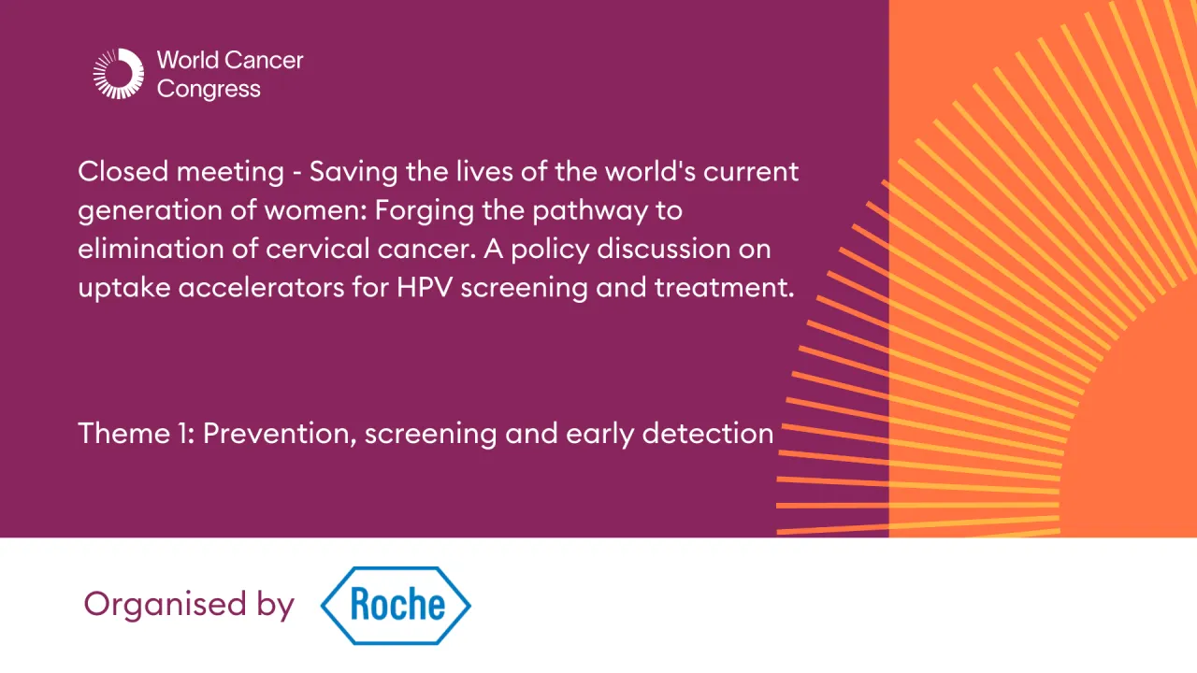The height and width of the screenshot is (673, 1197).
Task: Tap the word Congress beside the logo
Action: point(209,90)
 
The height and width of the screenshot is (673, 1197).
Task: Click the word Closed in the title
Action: point(123,172)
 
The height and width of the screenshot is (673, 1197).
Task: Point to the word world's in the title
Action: point(650,172)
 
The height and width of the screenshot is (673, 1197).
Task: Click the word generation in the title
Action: point(151,211)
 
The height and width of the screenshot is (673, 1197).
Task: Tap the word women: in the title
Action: point(316,211)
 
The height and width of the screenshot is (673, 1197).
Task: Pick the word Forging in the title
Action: point(425,211)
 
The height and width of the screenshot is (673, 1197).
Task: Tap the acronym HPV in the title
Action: point(425,288)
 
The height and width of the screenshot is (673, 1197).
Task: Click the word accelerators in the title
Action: point(261,289)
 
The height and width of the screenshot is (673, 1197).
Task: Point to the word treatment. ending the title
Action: point(725,288)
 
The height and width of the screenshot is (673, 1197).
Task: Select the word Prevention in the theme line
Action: point(280,434)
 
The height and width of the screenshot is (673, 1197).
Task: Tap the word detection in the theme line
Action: point(708,433)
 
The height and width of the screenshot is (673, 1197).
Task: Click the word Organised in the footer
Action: point(166,604)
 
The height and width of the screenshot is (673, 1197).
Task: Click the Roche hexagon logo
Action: point(396,606)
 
